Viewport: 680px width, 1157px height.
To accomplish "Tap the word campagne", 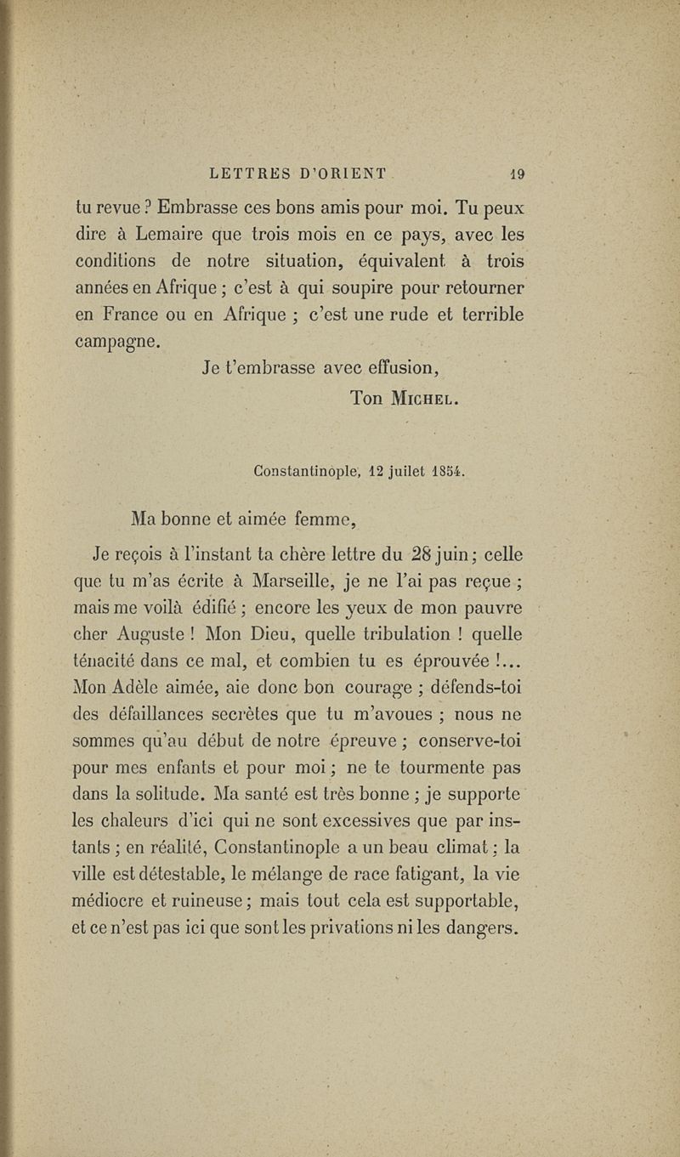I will tap(116, 340).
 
